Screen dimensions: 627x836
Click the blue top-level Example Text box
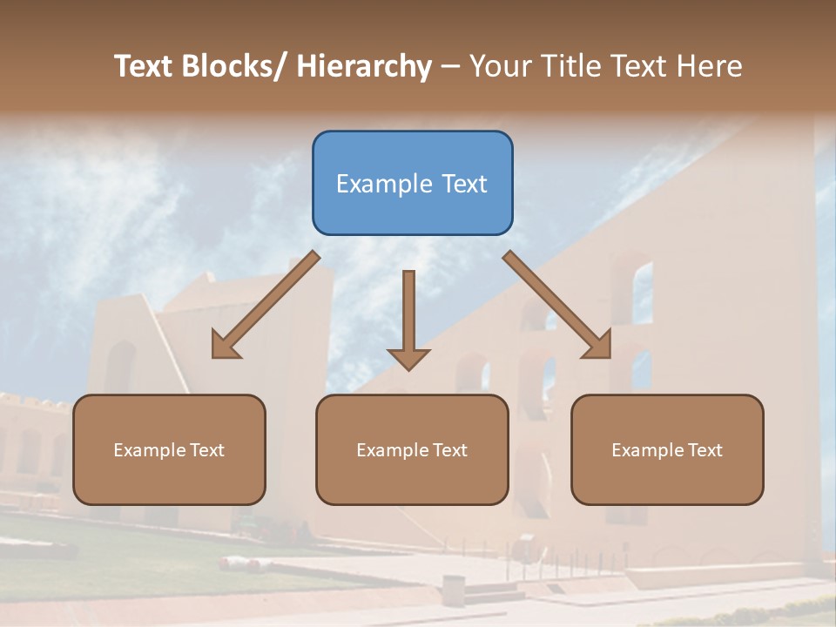pyautogui.click(x=412, y=183)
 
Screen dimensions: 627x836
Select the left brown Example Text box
pyautogui.click(x=169, y=449)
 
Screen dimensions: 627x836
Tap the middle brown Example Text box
pyautogui.click(x=412, y=449)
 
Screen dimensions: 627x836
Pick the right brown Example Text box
pyautogui.click(x=667, y=449)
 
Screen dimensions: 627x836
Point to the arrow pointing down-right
pyautogui.click(x=557, y=305)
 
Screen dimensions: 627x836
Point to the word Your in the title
pyautogui.click(x=499, y=66)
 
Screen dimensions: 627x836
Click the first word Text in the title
pyautogui.click(x=145, y=66)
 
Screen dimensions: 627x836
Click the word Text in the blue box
pyautogui.click(x=463, y=184)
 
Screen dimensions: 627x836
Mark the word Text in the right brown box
pyautogui.click(x=705, y=450)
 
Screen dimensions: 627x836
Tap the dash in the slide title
pyautogui.click(x=450, y=67)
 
